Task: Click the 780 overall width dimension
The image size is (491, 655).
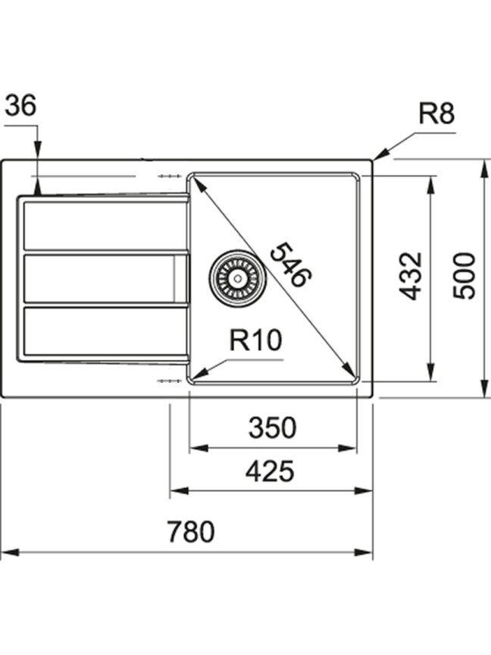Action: (x=191, y=531)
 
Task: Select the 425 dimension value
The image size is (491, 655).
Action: (x=270, y=471)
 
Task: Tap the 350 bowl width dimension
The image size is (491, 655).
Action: (x=272, y=428)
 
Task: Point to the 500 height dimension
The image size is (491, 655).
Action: (x=464, y=275)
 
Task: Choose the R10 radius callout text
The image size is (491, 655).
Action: (x=255, y=340)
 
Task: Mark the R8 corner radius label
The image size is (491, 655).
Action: (x=436, y=113)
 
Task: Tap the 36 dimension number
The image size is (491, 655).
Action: (x=20, y=105)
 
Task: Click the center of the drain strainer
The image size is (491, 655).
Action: (x=238, y=278)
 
